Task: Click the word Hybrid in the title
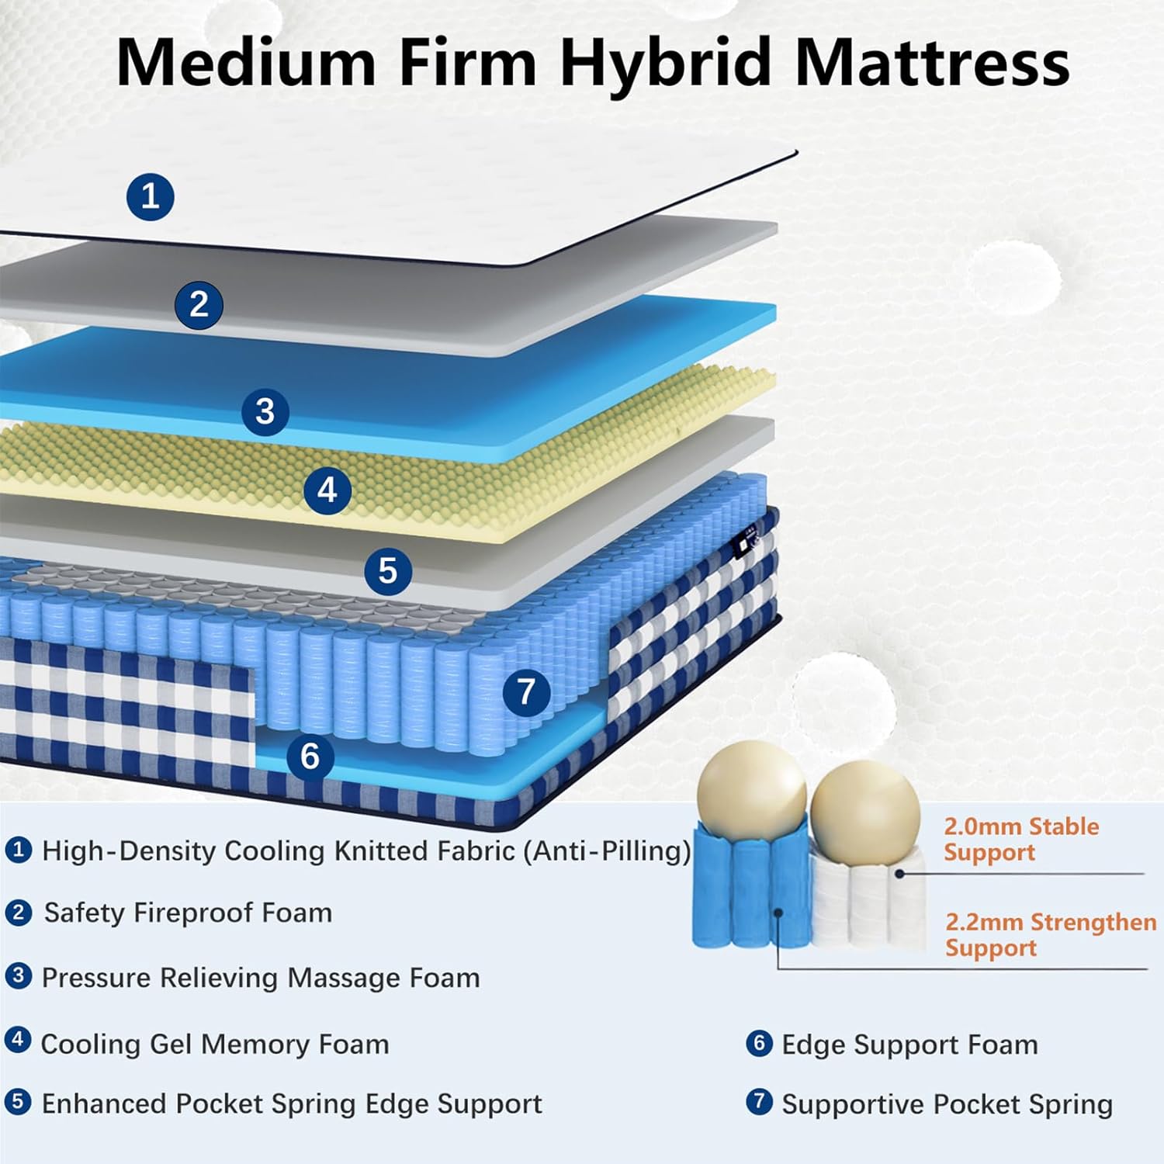(x=664, y=62)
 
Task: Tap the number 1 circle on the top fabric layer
(x=150, y=196)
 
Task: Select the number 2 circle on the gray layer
(x=199, y=304)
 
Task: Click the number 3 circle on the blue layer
(x=265, y=411)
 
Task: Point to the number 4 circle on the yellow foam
(x=327, y=490)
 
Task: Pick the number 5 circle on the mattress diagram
(x=388, y=571)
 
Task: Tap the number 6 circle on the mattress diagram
(x=310, y=756)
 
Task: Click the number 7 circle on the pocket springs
(x=526, y=691)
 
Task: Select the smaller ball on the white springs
(x=864, y=805)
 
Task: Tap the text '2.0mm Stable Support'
(x=1020, y=839)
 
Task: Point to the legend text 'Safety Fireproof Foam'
(x=188, y=913)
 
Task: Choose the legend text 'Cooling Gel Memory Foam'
(x=214, y=1044)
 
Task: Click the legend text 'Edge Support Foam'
(x=909, y=1044)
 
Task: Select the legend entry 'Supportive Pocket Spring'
(x=947, y=1104)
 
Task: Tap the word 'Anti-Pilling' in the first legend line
(x=605, y=851)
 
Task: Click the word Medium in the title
(x=247, y=62)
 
